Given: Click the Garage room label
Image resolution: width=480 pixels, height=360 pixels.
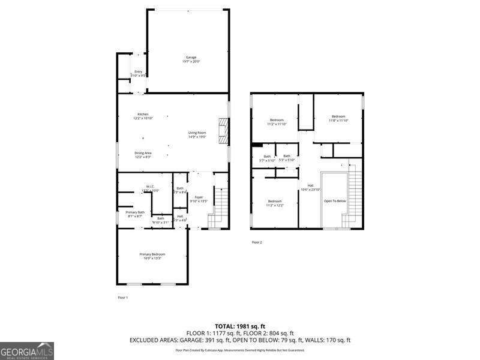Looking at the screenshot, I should [191, 59].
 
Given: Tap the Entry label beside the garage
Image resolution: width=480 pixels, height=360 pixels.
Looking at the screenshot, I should [139, 73].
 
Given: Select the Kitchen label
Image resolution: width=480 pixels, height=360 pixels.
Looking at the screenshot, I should [143, 116].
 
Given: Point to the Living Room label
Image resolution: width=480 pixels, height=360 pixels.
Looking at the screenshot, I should [197, 134].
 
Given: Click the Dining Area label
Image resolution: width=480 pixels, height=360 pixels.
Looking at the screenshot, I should [143, 155].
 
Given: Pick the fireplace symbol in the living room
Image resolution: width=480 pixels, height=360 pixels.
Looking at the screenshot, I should [224, 131].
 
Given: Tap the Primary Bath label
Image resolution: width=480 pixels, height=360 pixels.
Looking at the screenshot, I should [135, 214].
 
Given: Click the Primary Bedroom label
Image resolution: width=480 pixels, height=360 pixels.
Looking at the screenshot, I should [152, 256].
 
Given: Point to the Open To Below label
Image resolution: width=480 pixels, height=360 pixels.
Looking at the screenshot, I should [335, 201].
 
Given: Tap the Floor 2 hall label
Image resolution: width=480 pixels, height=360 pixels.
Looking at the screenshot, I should [311, 187].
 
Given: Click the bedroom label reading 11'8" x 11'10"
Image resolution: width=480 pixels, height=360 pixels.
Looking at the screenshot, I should [338, 118].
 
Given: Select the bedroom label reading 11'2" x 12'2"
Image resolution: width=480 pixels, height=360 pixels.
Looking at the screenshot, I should [275, 203].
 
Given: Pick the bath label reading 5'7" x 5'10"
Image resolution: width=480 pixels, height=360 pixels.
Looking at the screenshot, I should [267, 158].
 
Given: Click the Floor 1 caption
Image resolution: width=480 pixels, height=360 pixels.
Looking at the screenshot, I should [122, 298].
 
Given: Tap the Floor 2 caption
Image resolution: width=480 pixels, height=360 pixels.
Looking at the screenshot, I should [257, 242].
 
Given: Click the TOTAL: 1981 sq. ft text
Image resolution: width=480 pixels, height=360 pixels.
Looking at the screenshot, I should [240, 326].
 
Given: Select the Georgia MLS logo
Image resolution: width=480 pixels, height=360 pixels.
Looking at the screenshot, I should [27, 350].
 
